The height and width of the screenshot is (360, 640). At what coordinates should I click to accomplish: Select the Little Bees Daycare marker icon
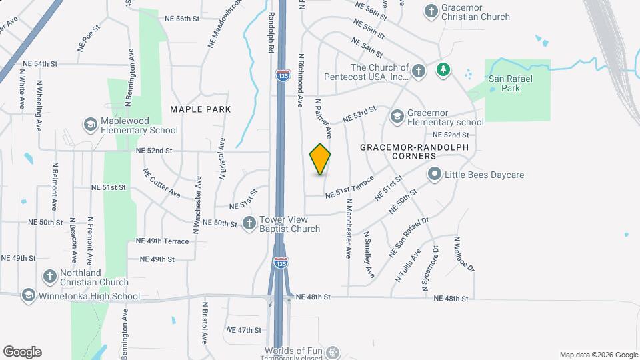click(435, 175)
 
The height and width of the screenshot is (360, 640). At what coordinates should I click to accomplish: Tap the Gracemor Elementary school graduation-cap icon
click(397, 117)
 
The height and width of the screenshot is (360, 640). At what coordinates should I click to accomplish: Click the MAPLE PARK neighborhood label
click(200, 109)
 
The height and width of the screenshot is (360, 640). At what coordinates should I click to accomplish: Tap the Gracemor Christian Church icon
click(430, 11)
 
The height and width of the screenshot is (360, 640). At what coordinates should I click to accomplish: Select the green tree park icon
click(442, 69)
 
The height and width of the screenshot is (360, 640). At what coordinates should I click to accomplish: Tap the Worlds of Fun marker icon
click(333, 352)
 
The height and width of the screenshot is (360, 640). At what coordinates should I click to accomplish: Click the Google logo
click(22, 352)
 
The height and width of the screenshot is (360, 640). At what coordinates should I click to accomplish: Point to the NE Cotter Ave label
click(161, 183)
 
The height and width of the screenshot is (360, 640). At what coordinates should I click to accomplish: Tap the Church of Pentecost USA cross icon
click(418, 71)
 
